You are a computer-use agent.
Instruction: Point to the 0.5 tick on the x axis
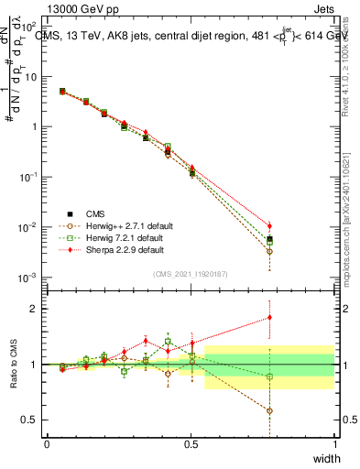pyautogui.click(x=191, y=443)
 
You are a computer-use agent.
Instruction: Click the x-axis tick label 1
pyautogui.click(x=334, y=443)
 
